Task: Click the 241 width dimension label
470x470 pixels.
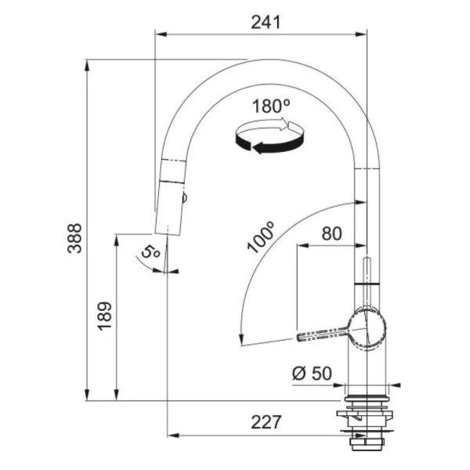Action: (266, 23)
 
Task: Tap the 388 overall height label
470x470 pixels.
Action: (74, 238)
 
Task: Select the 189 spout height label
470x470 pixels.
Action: (105, 316)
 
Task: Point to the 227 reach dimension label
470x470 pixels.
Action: (266, 422)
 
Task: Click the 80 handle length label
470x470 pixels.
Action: (331, 233)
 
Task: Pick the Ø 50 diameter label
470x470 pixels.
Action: (312, 374)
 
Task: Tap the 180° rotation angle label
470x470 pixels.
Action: (271, 106)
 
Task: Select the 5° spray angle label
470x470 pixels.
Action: (150, 252)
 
